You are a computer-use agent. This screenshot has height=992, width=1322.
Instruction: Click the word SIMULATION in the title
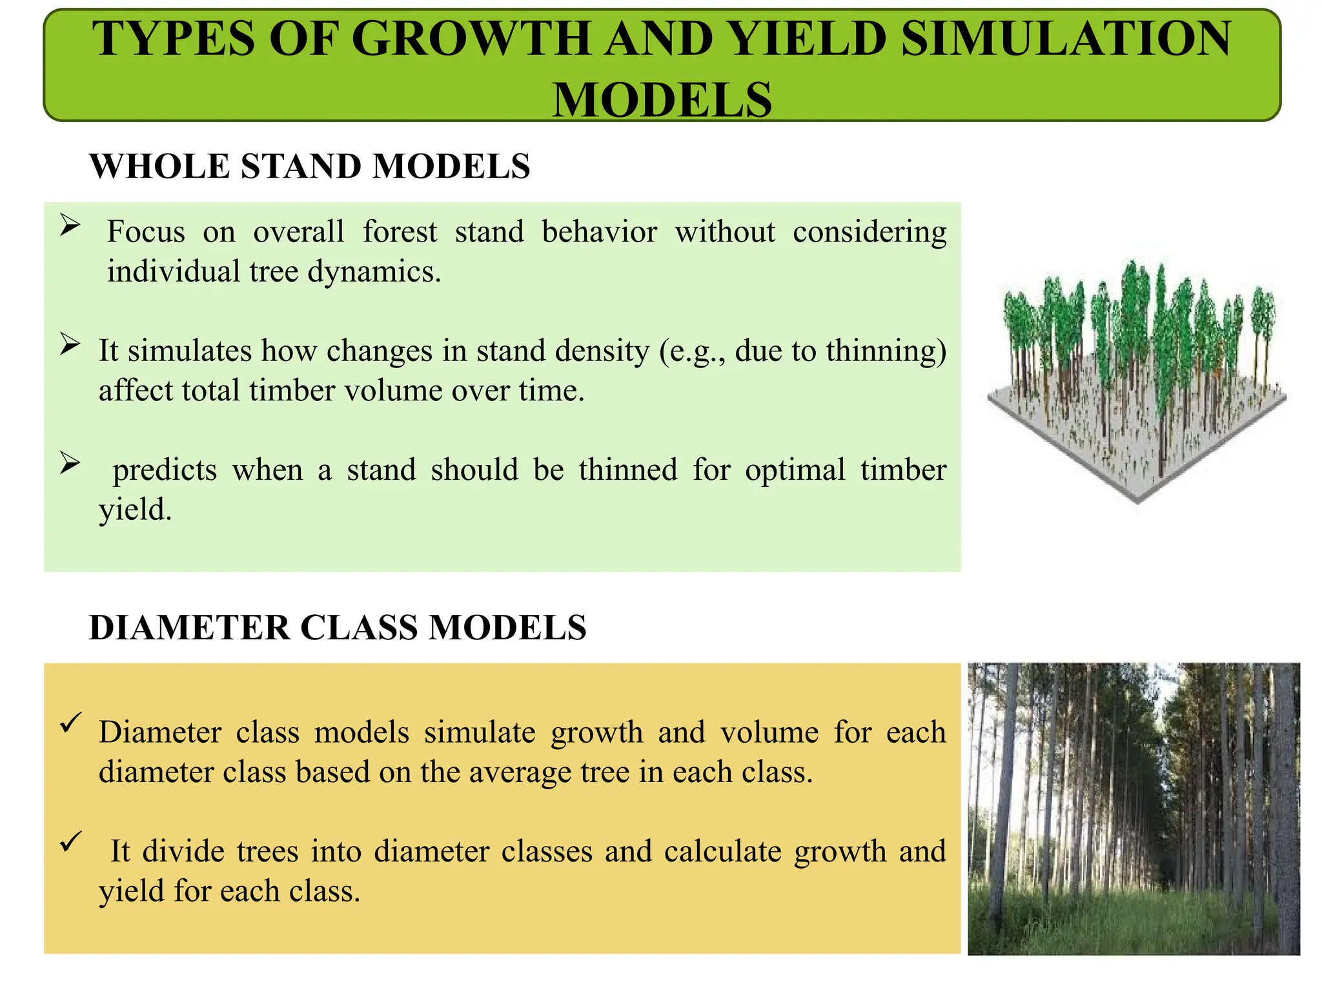1066,39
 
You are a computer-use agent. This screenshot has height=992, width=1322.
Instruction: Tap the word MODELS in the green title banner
662,100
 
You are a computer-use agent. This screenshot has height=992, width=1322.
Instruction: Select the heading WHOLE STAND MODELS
310,167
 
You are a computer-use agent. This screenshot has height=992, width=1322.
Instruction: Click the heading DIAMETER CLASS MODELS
338,628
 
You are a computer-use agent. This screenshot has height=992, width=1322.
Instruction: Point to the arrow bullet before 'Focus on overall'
70,225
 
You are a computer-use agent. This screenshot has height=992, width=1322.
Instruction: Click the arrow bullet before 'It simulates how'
70,344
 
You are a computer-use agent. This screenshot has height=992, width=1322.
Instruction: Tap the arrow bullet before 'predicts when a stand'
70,463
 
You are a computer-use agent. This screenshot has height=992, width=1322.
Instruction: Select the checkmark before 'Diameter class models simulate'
70,722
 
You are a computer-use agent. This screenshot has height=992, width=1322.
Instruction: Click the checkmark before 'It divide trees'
70,841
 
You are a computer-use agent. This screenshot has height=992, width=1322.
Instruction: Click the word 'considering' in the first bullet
869,232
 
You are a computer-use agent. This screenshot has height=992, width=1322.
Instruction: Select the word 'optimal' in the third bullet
795,470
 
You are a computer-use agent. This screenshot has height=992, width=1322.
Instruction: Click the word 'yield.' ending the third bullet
136,510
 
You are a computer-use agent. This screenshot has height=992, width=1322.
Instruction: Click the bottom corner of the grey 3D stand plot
1137,501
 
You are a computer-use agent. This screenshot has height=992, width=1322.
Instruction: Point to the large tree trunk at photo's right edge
1285,807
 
